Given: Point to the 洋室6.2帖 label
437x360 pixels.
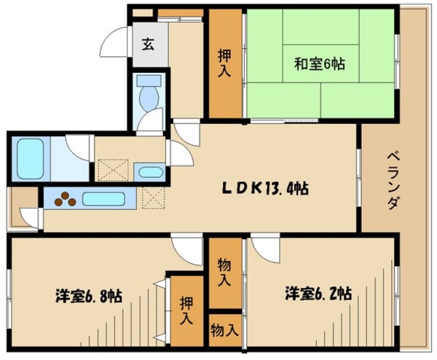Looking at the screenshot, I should tap(318, 294).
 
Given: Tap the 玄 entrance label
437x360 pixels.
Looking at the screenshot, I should tap(148, 44).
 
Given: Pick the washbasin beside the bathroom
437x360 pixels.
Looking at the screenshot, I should tap(150, 173).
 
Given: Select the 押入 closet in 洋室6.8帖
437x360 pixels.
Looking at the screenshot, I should tap(186, 310).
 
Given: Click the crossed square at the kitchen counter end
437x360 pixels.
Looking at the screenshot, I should tap(153, 197).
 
